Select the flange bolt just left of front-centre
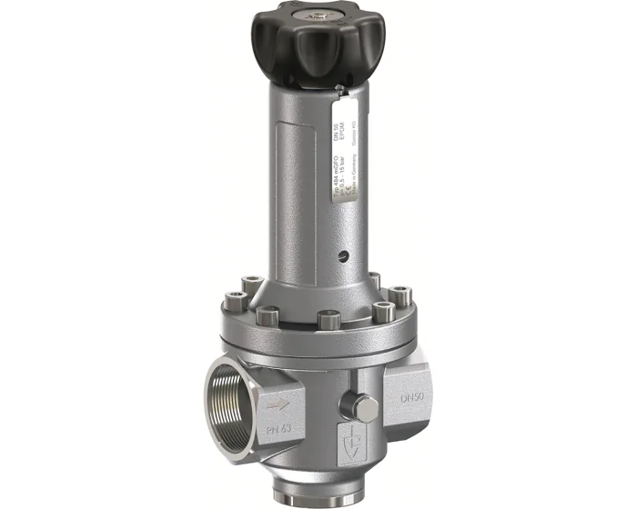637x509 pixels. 268,315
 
